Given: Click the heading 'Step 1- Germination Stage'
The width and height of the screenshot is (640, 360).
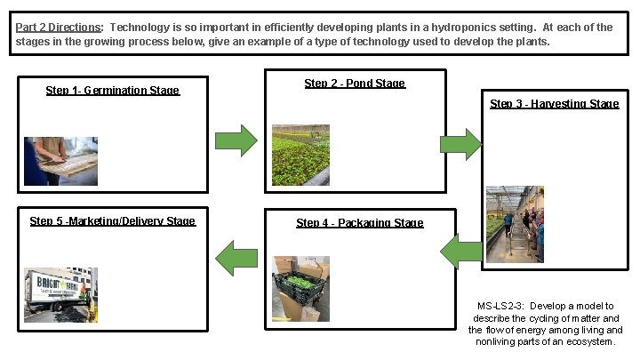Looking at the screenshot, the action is (112, 91).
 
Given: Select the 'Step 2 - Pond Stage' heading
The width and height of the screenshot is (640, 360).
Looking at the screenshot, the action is (355, 84).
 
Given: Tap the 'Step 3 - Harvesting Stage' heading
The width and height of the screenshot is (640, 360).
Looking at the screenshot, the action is (554, 104).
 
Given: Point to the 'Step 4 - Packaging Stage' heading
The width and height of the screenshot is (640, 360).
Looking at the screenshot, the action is (359, 223).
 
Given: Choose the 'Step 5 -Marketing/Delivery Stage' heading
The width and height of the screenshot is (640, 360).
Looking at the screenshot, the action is (112, 221).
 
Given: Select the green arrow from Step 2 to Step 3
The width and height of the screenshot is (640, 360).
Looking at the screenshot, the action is (460, 144).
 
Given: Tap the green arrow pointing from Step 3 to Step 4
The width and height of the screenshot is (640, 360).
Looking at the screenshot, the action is (462, 254).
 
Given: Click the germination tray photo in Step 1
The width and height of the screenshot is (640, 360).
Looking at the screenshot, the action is (60, 160).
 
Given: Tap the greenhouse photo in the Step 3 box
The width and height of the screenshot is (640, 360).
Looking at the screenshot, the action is (515, 224).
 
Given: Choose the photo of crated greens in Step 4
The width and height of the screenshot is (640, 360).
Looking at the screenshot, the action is (300, 289).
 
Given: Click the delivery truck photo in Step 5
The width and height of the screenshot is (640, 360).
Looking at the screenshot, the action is (60, 294).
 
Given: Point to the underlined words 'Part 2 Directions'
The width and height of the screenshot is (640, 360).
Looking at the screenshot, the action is (58, 28).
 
